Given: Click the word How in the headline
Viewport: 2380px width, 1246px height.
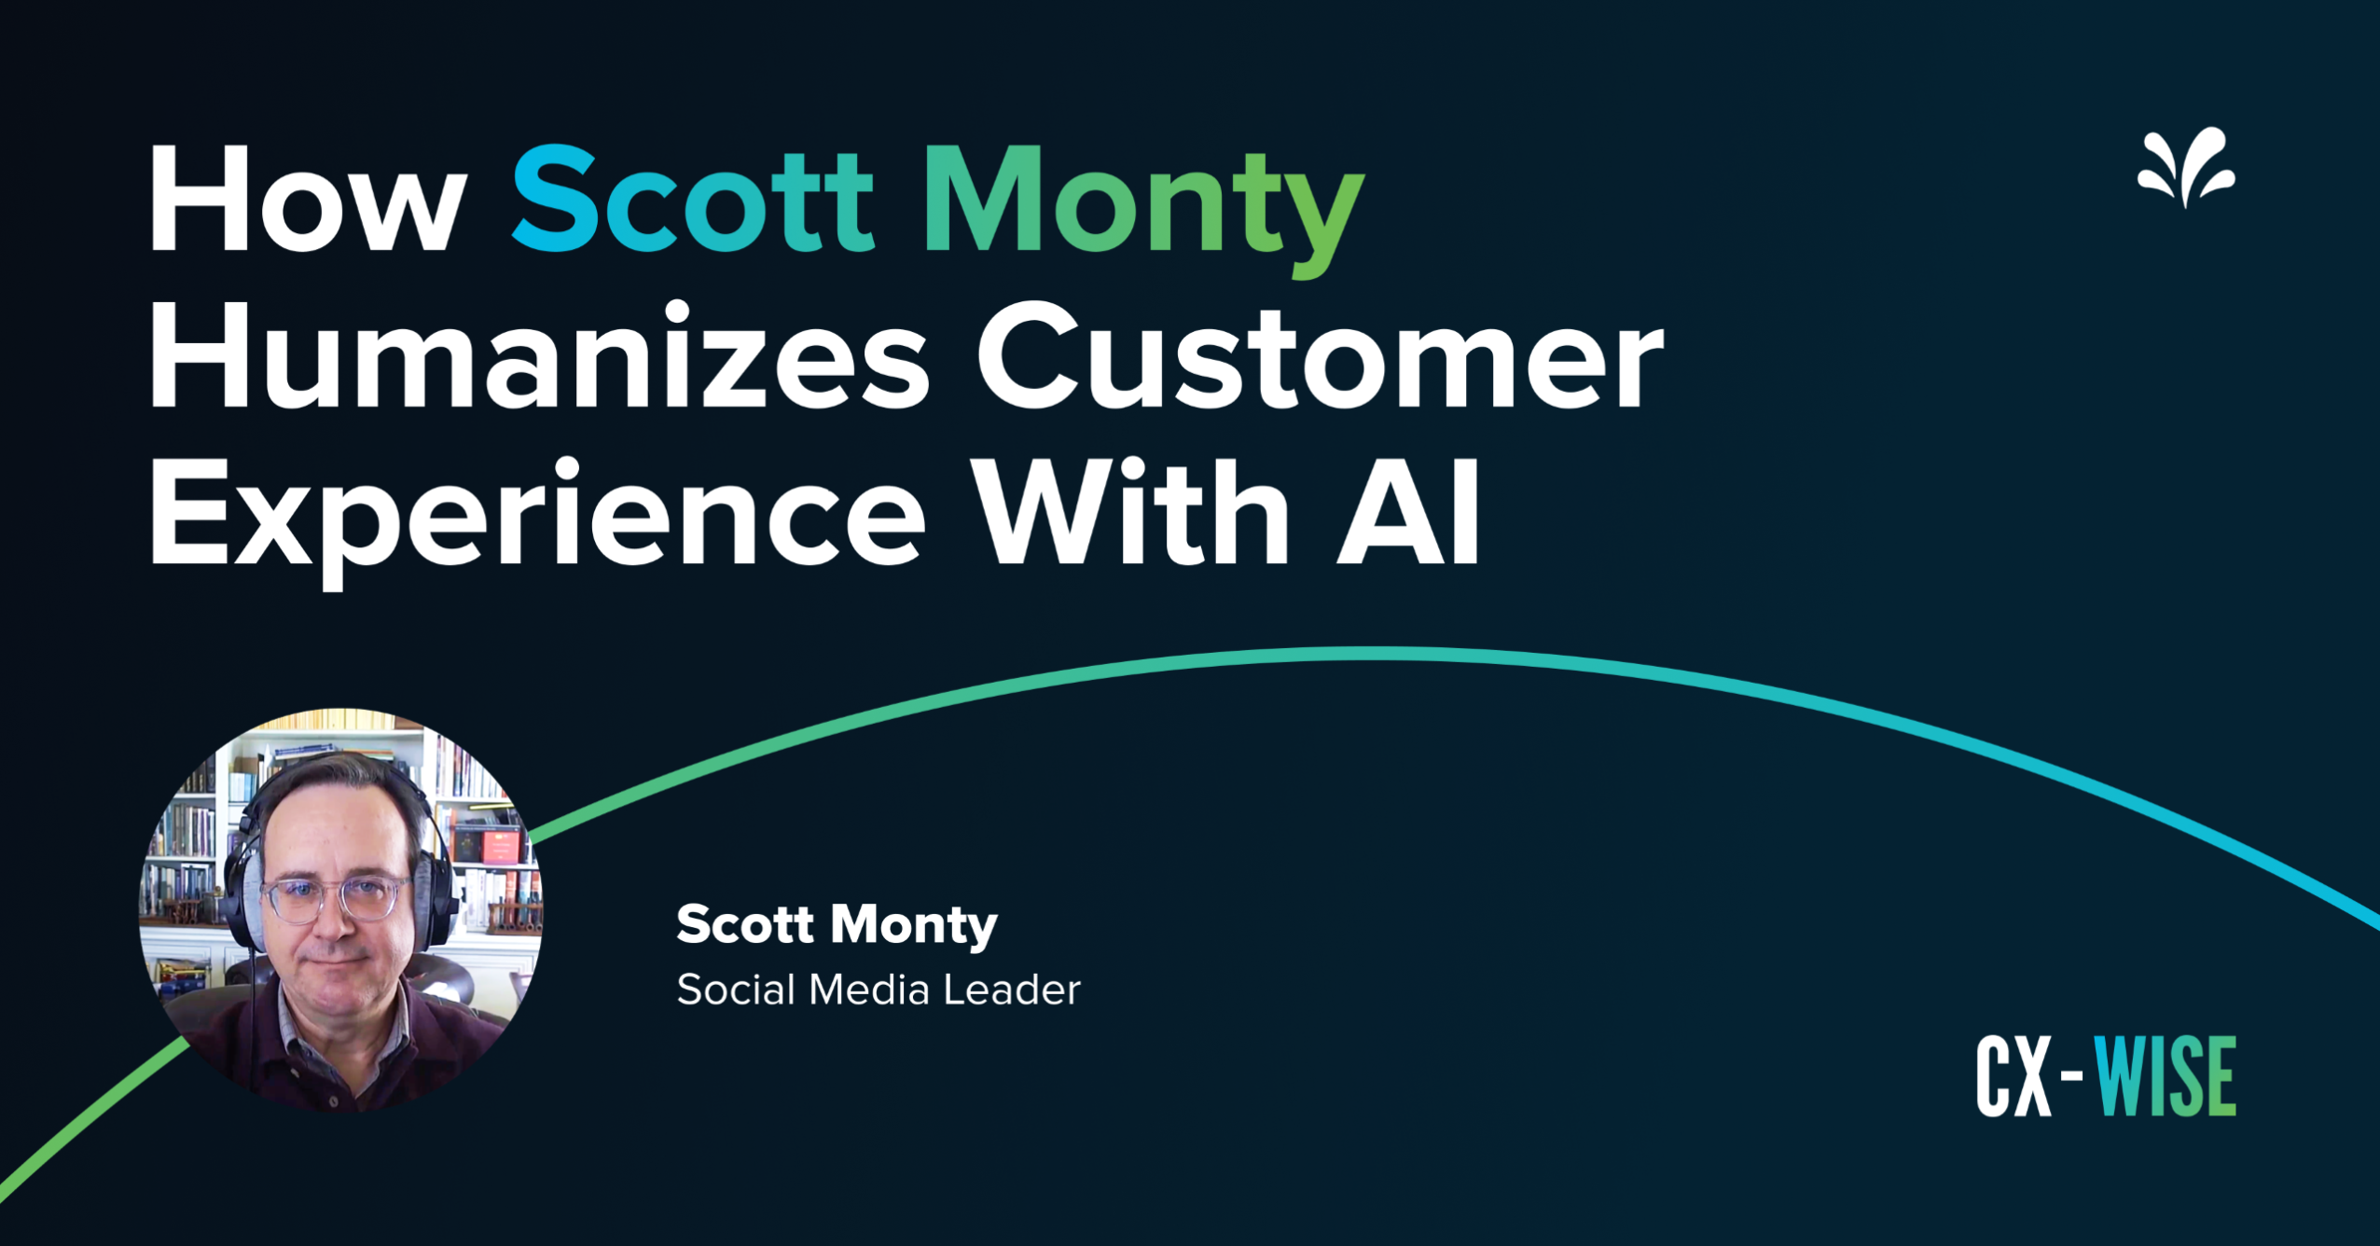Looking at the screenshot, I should [x=308, y=200].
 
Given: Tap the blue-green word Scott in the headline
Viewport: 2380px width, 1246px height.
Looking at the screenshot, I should [x=692, y=200].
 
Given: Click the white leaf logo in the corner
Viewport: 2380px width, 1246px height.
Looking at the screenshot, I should [x=2185, y=168].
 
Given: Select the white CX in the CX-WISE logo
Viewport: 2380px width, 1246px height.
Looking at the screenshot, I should [x=2013, y=1077].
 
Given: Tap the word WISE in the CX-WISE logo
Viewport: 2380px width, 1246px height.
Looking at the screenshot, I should [x=2165, y=1076].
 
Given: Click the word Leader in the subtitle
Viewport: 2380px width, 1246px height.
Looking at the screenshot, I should [x=1011, y=990].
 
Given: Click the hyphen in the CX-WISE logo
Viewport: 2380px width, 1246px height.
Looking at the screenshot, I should [x=2070, y=1075].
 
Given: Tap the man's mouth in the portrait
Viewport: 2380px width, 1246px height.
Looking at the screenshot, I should [x=336, y=957].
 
